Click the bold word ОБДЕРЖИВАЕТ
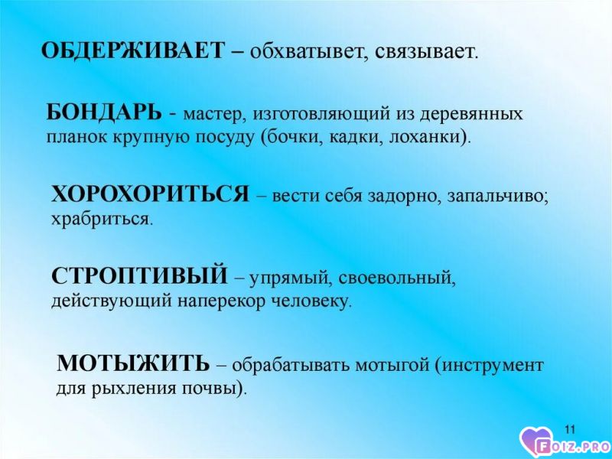(x=133, y=50)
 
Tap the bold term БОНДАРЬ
(x=104, y=112)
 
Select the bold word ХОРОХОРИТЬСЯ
(x=150, y=194)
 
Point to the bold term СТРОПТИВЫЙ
(x=139, y=275)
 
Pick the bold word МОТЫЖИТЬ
(x=133, y=363)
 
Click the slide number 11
(x=570, y=430)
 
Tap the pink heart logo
(x=537, y=442)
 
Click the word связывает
(x=426, y=52)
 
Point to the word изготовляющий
(x=322, y=115)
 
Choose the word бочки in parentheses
(x=291, y=138)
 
